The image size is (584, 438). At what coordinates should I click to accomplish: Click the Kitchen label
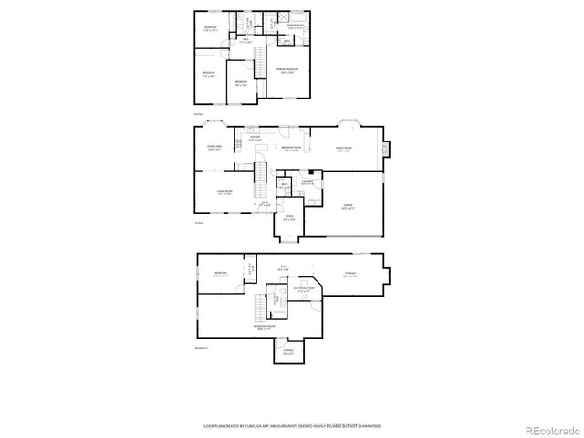pos(255,139)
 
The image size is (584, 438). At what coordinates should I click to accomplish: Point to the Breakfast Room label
pos(292,149)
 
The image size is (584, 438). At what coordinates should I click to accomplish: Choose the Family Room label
pos(345,149)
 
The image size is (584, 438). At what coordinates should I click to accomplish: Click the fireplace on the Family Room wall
pos(387,148)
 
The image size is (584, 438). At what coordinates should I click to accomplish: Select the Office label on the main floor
pos(288,217)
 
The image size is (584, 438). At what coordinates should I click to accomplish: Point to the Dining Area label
pos(214,148)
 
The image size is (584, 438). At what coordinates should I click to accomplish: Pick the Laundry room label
pos(308,182)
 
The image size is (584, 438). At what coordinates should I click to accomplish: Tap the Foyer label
pos(265,205)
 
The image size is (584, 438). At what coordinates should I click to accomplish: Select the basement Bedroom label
pos(221,274)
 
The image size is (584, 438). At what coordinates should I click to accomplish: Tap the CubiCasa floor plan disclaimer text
pos(292,425)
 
